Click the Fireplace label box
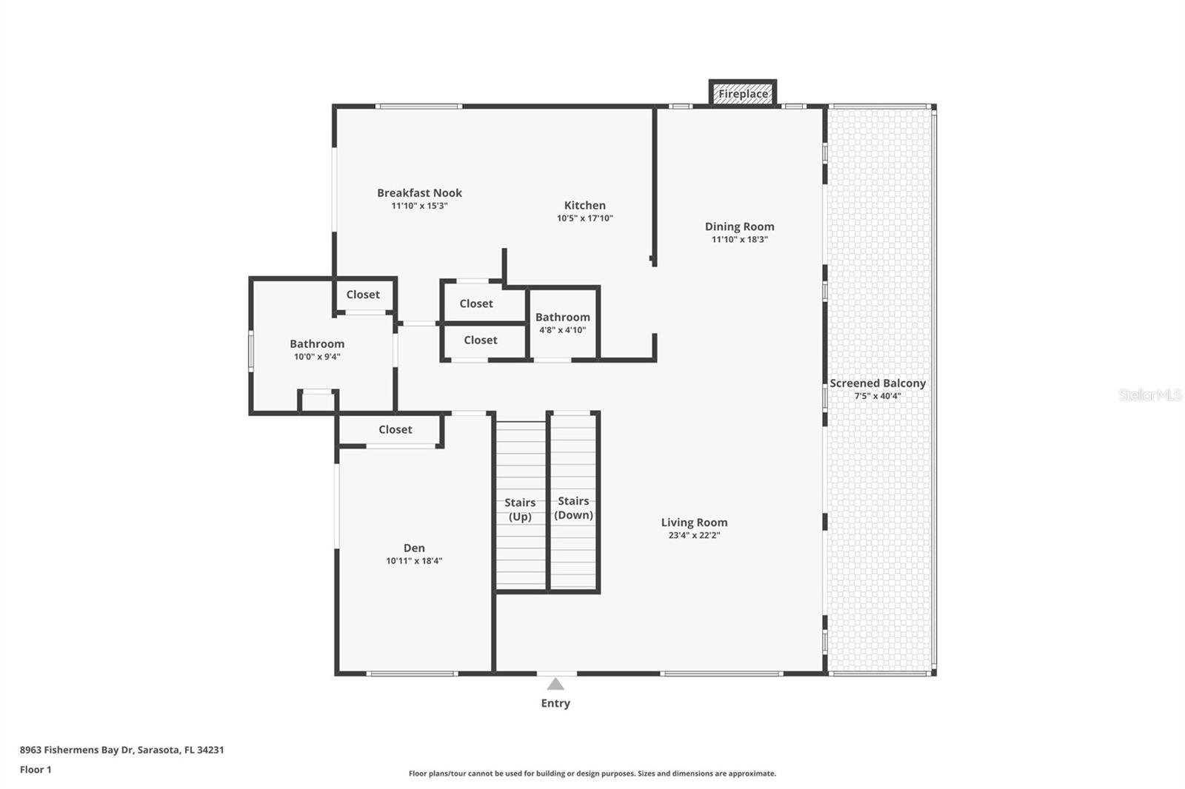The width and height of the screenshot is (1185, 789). [x=743, y=94]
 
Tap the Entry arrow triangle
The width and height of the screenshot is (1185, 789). [x=555, y=684]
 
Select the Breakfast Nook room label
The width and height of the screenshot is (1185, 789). [x=419, y=193]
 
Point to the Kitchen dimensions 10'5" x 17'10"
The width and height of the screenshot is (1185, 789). [x=585, y=218]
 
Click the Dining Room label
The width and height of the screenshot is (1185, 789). [x=739, y=226]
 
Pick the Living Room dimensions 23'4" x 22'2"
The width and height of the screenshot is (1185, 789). [x=694, y=535]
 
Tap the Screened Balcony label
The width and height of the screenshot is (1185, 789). [x=878, y=383]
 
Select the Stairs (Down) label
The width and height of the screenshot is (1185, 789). [x=573, y=508]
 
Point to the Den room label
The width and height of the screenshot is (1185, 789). [x=414, y=548]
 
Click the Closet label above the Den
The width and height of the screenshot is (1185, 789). [x=395, y=429]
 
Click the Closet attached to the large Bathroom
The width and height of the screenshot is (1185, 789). [x=363, y=295]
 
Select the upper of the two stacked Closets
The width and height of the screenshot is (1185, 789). [x=475, y=303]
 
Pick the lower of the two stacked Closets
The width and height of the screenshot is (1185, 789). [x=480, y=340]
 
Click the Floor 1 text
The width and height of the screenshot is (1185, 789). [x=36, y=770]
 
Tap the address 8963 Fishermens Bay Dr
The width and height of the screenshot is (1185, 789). [x=121, y=750]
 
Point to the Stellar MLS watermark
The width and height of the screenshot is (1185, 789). [x=1149, y=395]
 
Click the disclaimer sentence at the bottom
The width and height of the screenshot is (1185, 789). [x=592, y=773]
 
